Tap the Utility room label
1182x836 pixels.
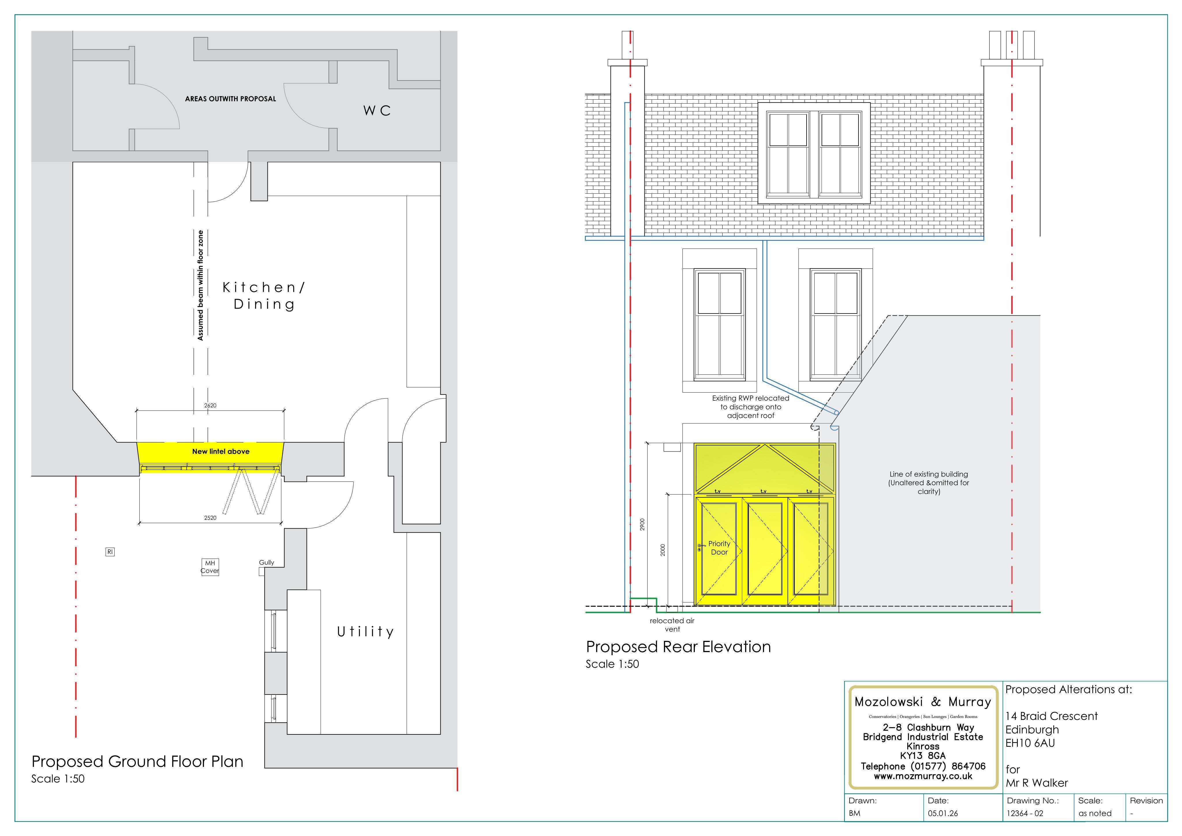[366, 632]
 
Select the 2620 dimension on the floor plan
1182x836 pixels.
[210, 405]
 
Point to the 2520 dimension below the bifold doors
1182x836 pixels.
[210, 518]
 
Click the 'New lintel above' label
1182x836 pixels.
[221, 451]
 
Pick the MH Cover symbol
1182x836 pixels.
[210, 567]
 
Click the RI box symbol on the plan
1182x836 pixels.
[110, 552]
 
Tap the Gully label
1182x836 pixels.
[267, 563]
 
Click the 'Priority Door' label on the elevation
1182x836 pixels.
[719, 548]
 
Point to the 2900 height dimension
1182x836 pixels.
[642, 524]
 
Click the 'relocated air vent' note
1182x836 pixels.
[672, 625]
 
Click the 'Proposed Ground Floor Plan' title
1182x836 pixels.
[137, 762]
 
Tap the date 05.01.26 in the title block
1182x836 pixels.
[943, 813]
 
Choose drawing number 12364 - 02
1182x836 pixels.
[1025, 813]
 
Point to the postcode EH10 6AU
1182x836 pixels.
[1030, 743]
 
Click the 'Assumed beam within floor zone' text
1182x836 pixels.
[200, 285]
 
